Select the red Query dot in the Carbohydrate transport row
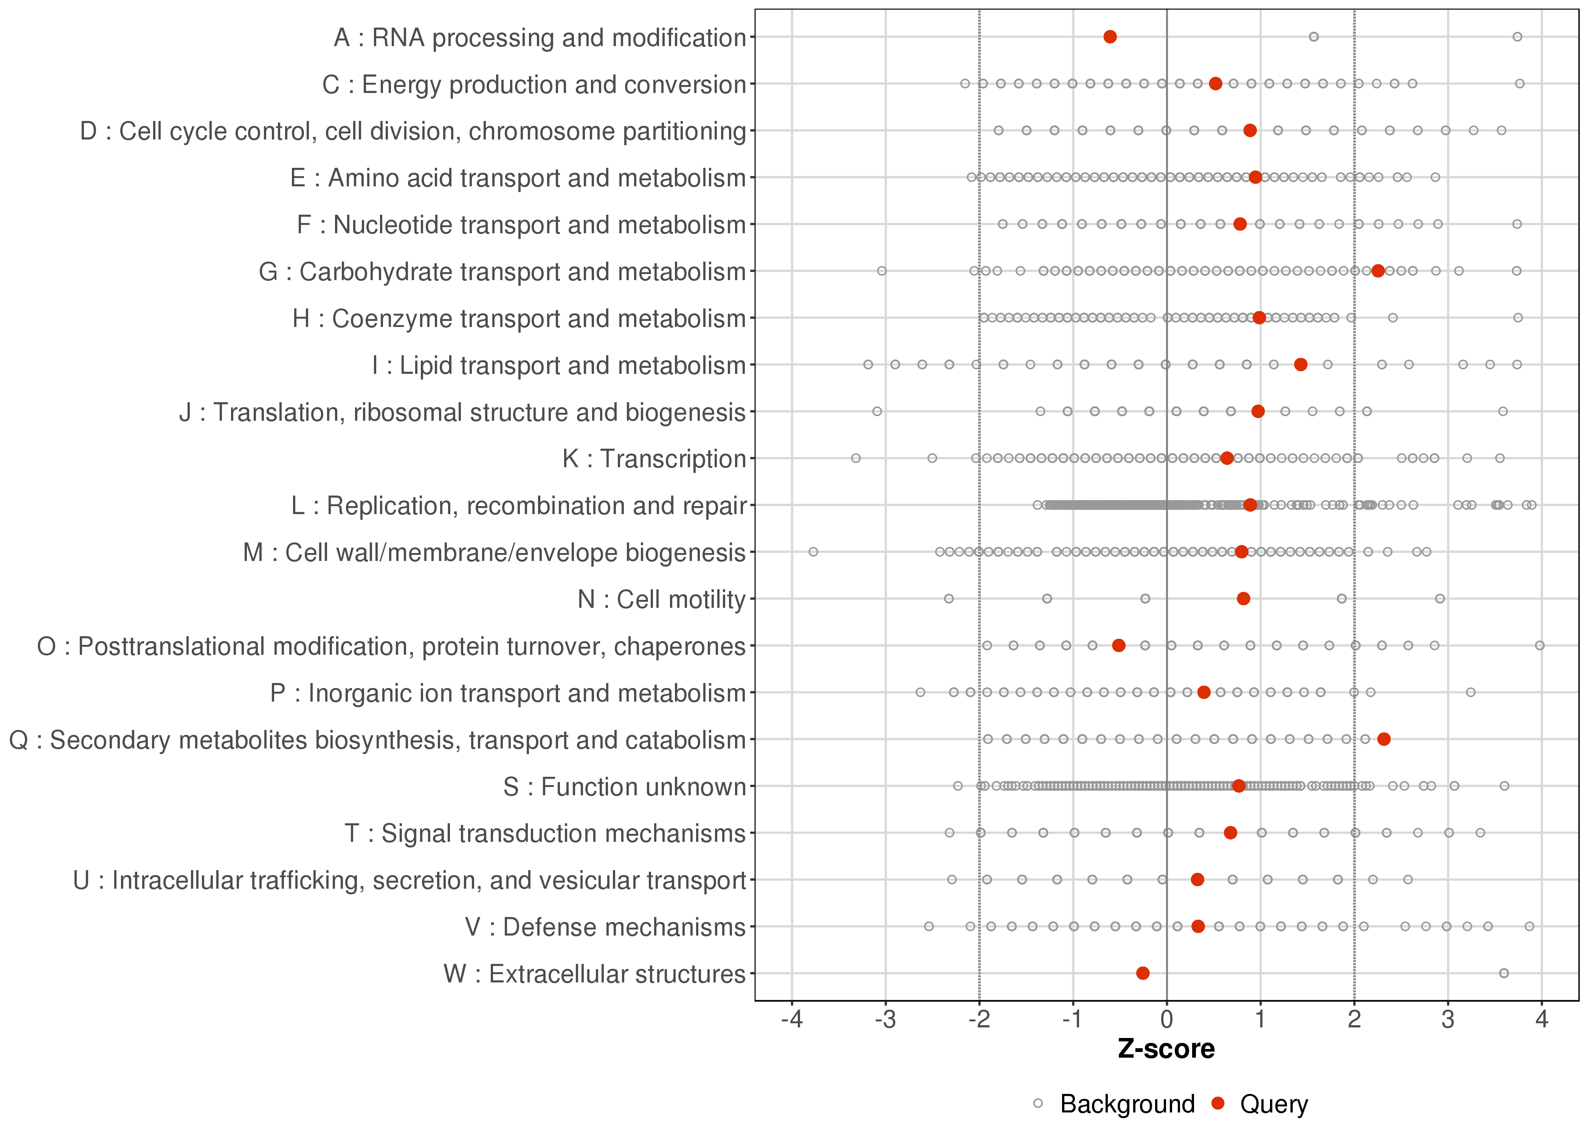tap(1377, 271)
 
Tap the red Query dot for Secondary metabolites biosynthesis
tap(1383, 739)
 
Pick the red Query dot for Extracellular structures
tap(1143, 973)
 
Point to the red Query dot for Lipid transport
tap(1300, 364)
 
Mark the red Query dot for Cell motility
tap(1243, 598)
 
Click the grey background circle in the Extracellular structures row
tap(1504, 973)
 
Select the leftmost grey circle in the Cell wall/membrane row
tap(813, 552)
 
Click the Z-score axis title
tap(1166, 1049)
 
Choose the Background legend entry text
tap(1127, 1104)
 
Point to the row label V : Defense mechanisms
tap(605, 927)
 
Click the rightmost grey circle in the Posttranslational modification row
tap(1540, 645)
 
